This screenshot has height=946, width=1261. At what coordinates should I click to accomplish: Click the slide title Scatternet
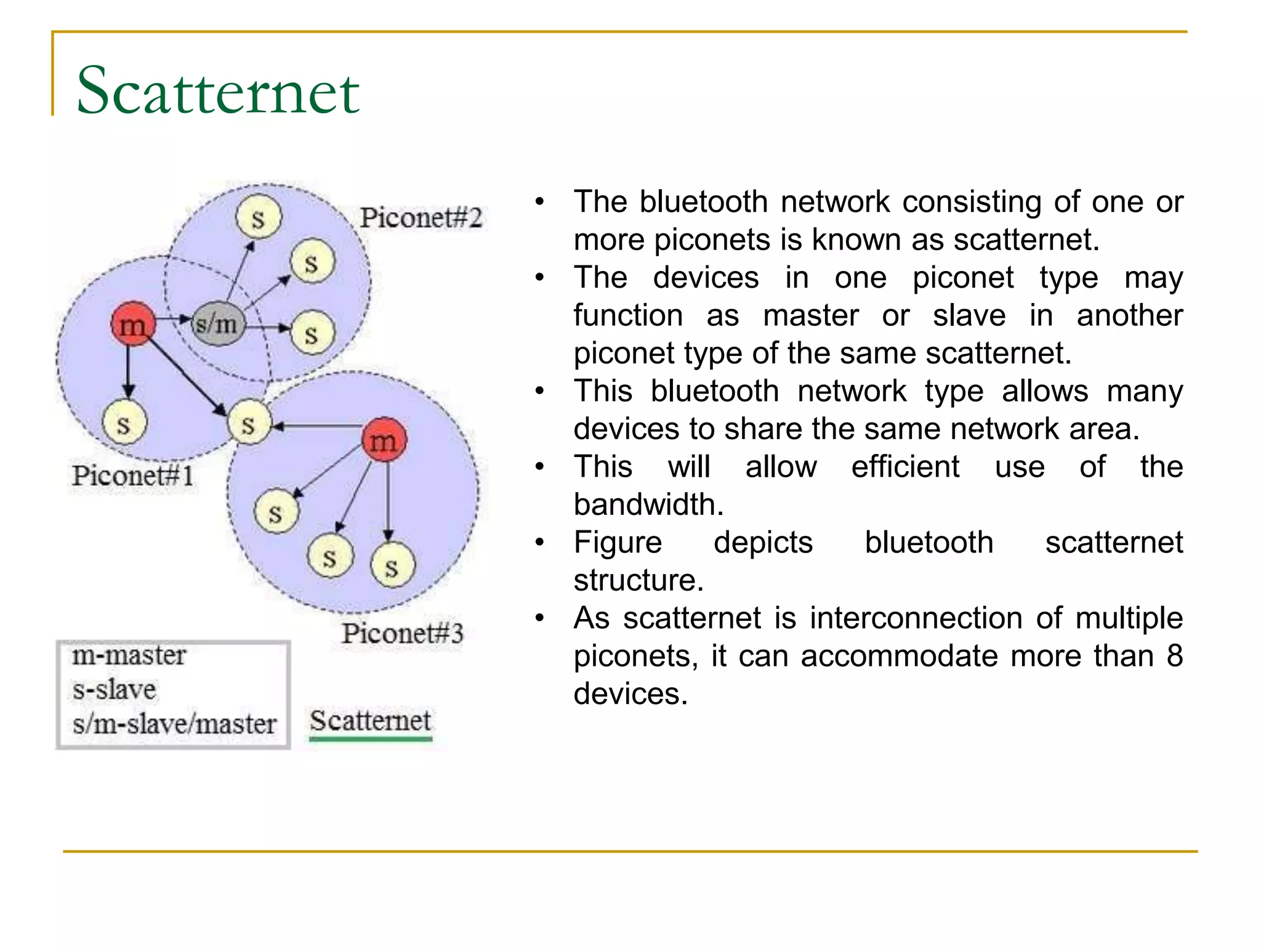click(218, 91)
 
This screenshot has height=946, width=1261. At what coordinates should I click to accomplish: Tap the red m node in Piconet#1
click(133, 323)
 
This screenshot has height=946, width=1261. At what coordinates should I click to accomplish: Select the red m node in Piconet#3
click(384, 440)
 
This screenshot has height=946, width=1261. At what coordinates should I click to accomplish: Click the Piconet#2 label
click(421, 217)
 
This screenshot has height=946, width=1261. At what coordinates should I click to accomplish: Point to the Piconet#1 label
click(132, 475)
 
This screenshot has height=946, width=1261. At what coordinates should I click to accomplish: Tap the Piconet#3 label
click(402, 633)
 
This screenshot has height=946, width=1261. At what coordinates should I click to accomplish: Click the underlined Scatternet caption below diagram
click(370, 721)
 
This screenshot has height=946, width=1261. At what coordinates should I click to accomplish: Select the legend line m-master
click(129, 655)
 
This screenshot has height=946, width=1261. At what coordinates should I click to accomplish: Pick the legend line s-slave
click(115, 689)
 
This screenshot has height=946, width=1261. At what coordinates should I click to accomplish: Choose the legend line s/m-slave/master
click(174, 724)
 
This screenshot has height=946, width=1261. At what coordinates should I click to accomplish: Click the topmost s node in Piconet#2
click(259, 217)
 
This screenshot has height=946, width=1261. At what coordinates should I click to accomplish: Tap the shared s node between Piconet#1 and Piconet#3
click(249, 424)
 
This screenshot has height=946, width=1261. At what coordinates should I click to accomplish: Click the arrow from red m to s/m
click(172, 319)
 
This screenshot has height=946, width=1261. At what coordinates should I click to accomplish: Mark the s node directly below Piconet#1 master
click(124, 424)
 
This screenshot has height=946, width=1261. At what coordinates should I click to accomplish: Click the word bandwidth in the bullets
click(647, 504)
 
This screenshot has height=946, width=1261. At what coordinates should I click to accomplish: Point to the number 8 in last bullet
click(1174, 655)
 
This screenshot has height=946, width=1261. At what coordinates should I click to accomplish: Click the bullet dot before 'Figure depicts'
click(540, 543)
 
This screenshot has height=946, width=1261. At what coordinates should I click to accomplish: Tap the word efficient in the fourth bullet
click(904, 466)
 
